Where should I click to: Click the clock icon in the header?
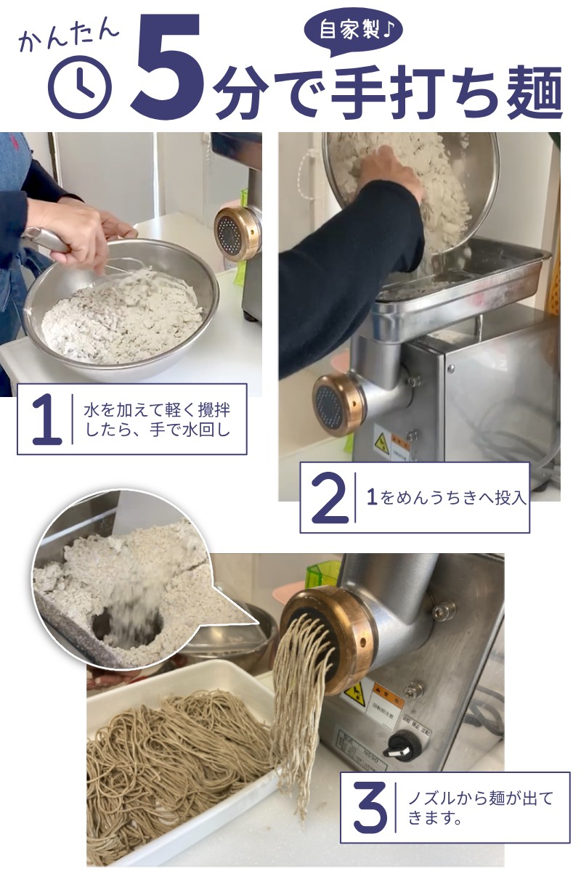[80, 87]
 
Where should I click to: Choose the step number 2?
[329, 498]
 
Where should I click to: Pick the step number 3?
[370, 806]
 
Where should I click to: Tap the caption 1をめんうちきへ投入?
[446, 499]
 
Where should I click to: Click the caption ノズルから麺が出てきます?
[479, 807]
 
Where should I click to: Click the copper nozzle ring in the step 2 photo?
[339, 405]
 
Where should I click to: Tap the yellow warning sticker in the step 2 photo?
[381, 443]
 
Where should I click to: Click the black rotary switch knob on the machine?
[400, 745]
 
